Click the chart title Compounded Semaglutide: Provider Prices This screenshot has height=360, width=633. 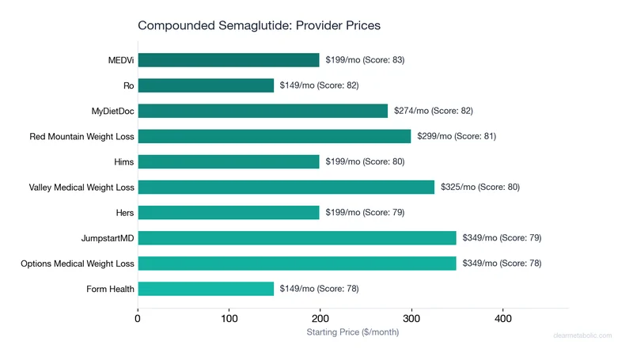pyautogui.click(x=259, y=25)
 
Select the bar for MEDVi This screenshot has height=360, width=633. pyautogui.click(x=229, y=60)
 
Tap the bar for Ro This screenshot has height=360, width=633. pyautogui.click(x=206, y=85)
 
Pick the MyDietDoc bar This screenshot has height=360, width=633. pyautogui.click(x=263, y=111)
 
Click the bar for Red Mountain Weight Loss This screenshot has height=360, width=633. pyautogui.click(x=275, y=136)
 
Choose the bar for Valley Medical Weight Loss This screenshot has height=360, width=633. pyautogui.click(x=286, y=187)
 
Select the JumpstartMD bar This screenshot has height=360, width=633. pyautogui.click(x=297, y=237)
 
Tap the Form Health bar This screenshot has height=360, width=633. pyautogui.click(x=206, y=288)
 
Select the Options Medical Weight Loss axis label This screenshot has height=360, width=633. pyautogui.click(x=78, y=263)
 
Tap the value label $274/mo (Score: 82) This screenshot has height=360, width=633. pyautogui.click(x=433, y=111)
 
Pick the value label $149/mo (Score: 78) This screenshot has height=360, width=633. pyautogui.click(x=319, y=288)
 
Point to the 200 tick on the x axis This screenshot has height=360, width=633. pyautogui.click(x=320, y=319)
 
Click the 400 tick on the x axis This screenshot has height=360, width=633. pyautogui.click(x=502, y=319)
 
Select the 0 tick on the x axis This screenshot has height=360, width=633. pyautogui.click(x=138, y=319)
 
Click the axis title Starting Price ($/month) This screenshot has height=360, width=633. pyautogui.click(x=353, y=332)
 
